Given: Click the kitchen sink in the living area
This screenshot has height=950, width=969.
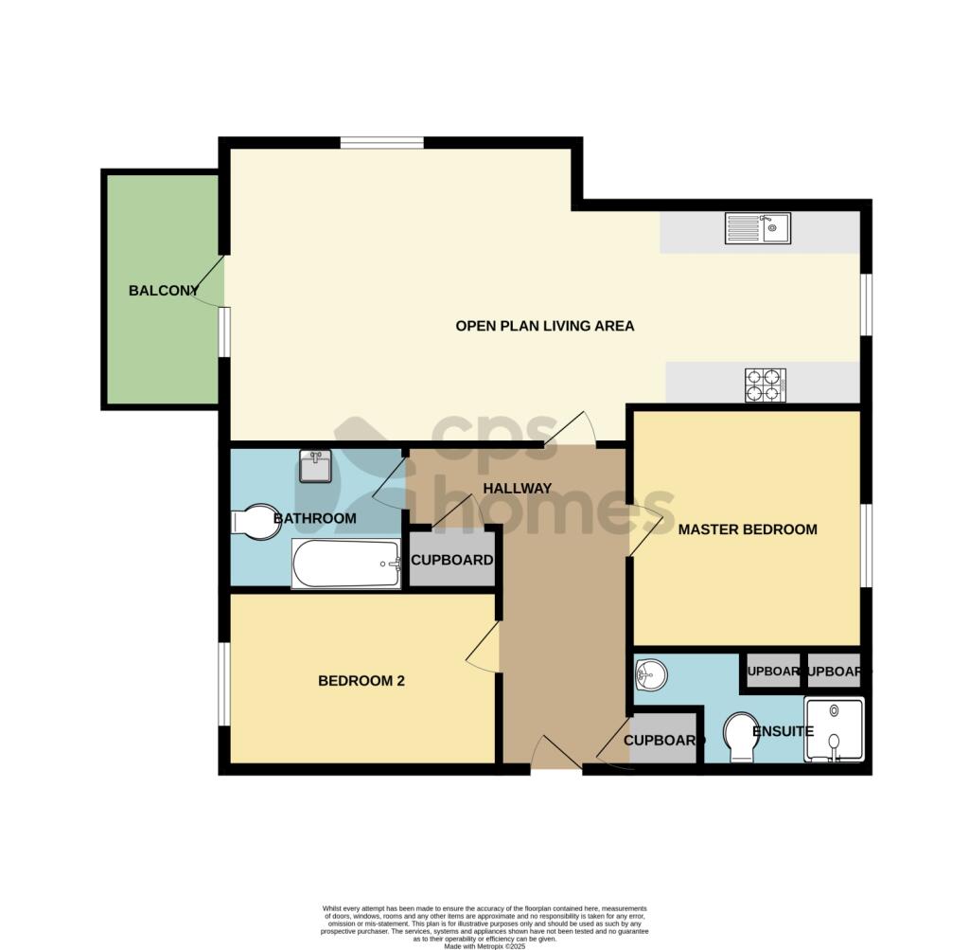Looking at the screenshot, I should click(757, 228).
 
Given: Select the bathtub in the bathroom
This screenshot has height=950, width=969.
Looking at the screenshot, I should click(346, 565).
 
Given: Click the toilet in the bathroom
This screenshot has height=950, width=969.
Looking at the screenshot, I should click(255, 523).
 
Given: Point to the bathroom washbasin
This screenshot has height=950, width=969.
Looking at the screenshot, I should click(315, 466).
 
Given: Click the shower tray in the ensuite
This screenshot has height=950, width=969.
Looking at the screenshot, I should click(834, 730).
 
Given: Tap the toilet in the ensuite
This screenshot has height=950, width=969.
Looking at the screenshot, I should click(739, 737).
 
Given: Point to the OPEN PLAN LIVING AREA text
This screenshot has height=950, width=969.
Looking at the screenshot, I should click(544, 326).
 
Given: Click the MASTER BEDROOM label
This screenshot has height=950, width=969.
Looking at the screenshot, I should click(747, 529).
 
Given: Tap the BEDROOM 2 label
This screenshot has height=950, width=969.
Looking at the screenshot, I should click(361, 680).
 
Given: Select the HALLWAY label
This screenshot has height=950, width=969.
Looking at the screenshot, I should click(517, 489).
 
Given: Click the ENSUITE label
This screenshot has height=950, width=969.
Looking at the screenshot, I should click(783, 732).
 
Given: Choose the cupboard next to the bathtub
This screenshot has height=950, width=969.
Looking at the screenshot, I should click(451, 560).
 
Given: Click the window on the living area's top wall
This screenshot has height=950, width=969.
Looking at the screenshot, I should click(381, 143).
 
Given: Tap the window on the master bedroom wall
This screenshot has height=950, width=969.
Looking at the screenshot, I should click(866, 545).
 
